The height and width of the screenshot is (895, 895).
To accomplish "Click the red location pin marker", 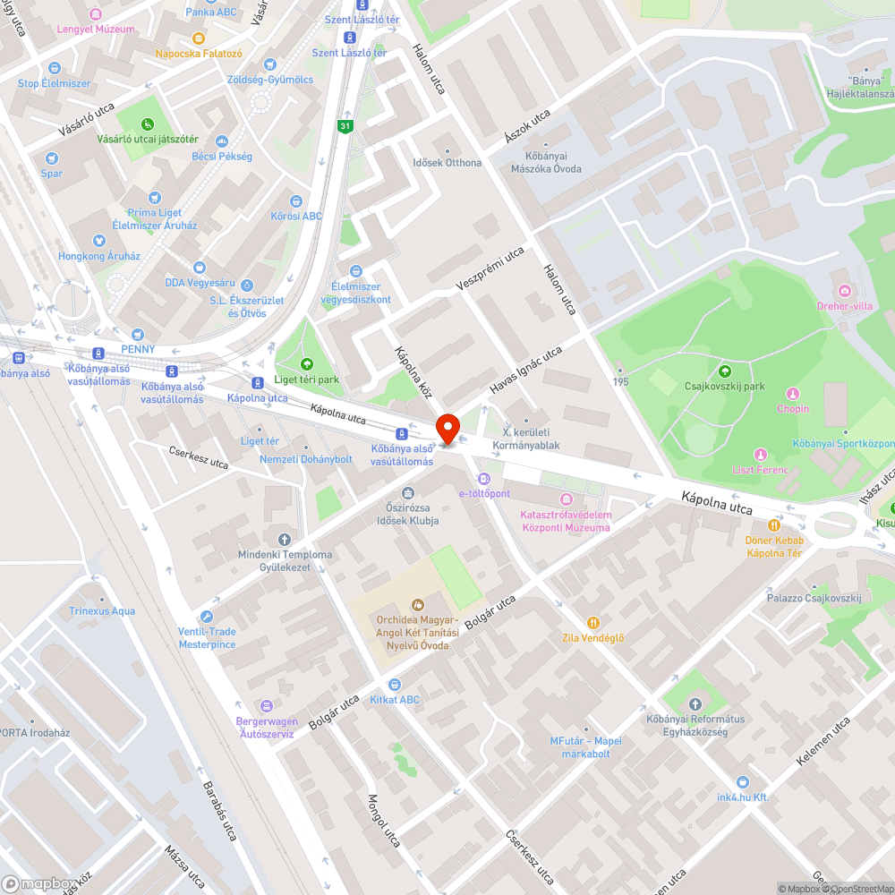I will tap(447, 428).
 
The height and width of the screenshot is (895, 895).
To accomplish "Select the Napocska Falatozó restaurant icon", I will tap(199, 38).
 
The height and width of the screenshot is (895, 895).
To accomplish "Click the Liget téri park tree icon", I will tap(307, 363).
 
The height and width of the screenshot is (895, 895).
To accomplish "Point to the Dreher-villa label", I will tap(844, 305).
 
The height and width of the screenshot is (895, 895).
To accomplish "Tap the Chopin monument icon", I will tap(792, 394).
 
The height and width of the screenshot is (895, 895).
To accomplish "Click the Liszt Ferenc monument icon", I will tap(761, 455).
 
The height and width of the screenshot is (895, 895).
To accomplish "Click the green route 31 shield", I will tap(345, 126).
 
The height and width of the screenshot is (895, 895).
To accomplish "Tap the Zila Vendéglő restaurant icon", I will tap(592, 622).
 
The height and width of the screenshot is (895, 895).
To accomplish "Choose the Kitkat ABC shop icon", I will tap(395, 685).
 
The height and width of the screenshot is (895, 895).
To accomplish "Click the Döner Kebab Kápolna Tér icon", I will tap(774, 525).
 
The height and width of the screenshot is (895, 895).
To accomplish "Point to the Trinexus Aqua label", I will tap(102, 611).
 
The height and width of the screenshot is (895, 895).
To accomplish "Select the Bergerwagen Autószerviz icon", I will tap(265, 706).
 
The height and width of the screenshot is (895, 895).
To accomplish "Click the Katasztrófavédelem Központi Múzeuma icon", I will tap(566, 499).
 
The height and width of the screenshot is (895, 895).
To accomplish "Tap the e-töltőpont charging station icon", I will tap(484, 478).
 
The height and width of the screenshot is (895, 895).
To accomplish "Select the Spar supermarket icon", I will tap(52, 158).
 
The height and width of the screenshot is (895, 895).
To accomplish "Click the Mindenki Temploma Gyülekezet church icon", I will tap(285, 539).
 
